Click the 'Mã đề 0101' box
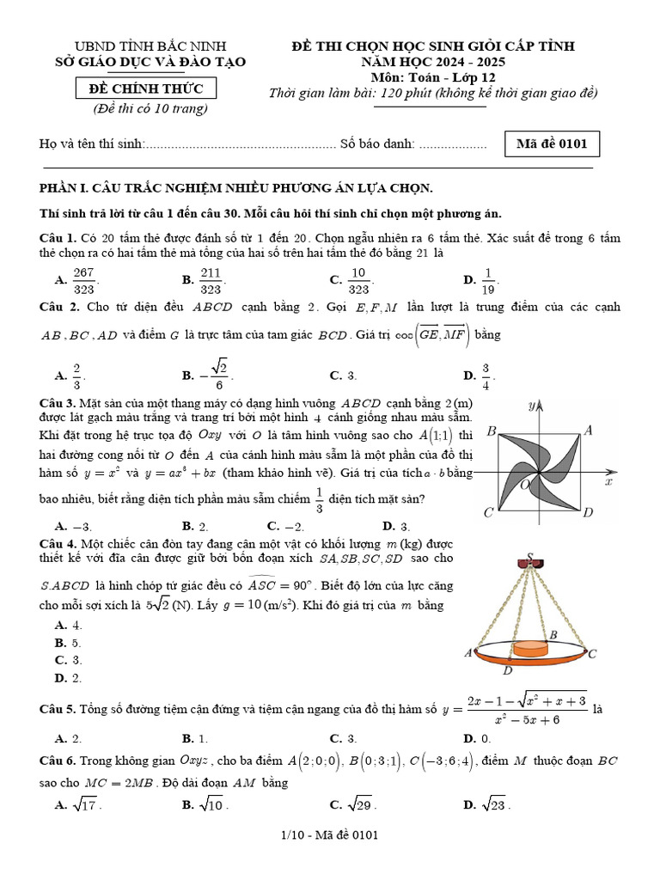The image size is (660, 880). tap(551, 144)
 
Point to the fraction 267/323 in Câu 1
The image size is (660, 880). tap(83, 278)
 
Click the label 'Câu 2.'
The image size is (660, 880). tap(59, 307)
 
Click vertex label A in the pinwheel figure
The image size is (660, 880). tap(589, 431)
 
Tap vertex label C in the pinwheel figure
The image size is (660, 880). tap(487, 513)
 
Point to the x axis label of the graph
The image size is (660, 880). tap(608, 483)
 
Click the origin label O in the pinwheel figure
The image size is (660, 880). tap(525, 486)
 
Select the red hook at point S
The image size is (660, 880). tap(530, 563)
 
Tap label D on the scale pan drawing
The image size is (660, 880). tap(508, 670)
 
